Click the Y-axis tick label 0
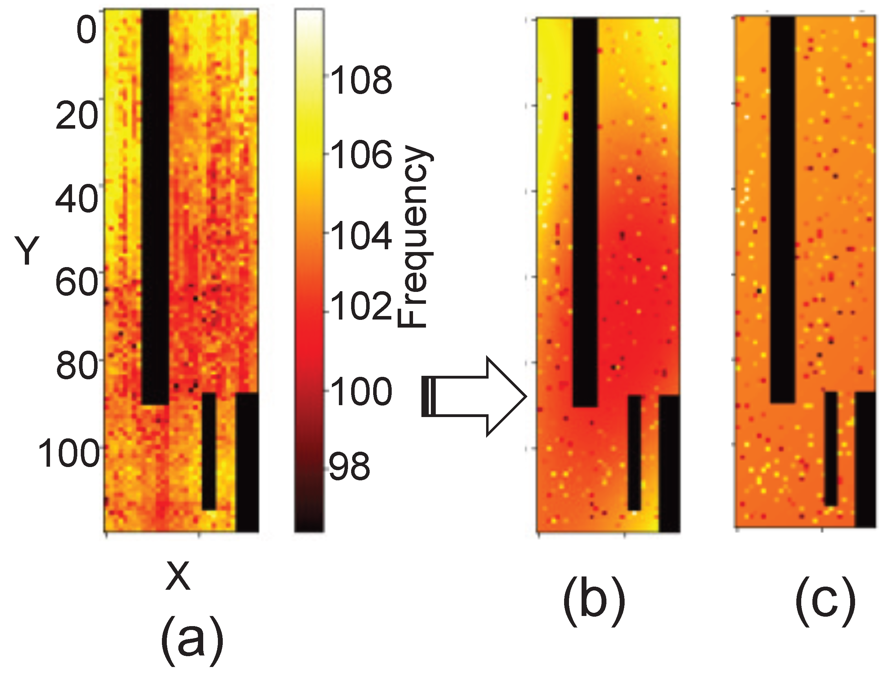pos(86,31)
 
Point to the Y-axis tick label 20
pos(76,116)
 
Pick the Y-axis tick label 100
pos(68,453)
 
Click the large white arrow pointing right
pos(474,396)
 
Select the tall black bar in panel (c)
pos(782,209)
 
